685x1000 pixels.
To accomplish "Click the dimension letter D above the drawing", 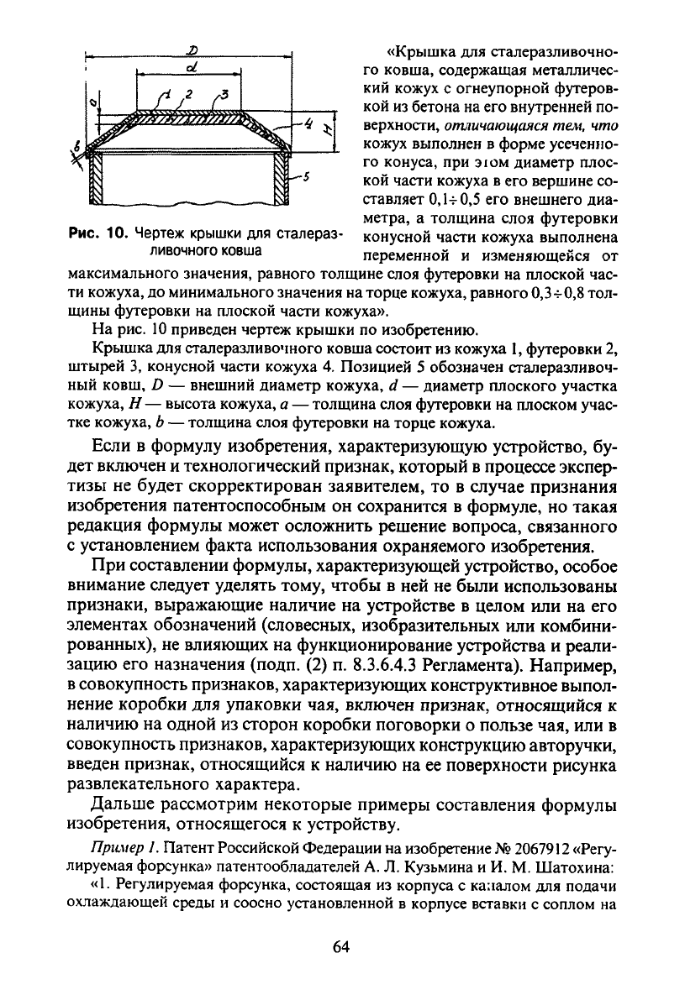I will (x=183, y=50).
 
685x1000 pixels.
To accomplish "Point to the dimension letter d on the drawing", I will (x=192, y=67).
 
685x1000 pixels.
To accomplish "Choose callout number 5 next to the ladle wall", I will (x=309, y=178).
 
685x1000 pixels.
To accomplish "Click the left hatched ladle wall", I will (x=96, y=182).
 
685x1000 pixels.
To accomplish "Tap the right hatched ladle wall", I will (x=281, y=182).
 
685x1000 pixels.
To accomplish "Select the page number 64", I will (x=341, y=946).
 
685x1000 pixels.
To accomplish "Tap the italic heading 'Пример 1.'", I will (x=119, y=849).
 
